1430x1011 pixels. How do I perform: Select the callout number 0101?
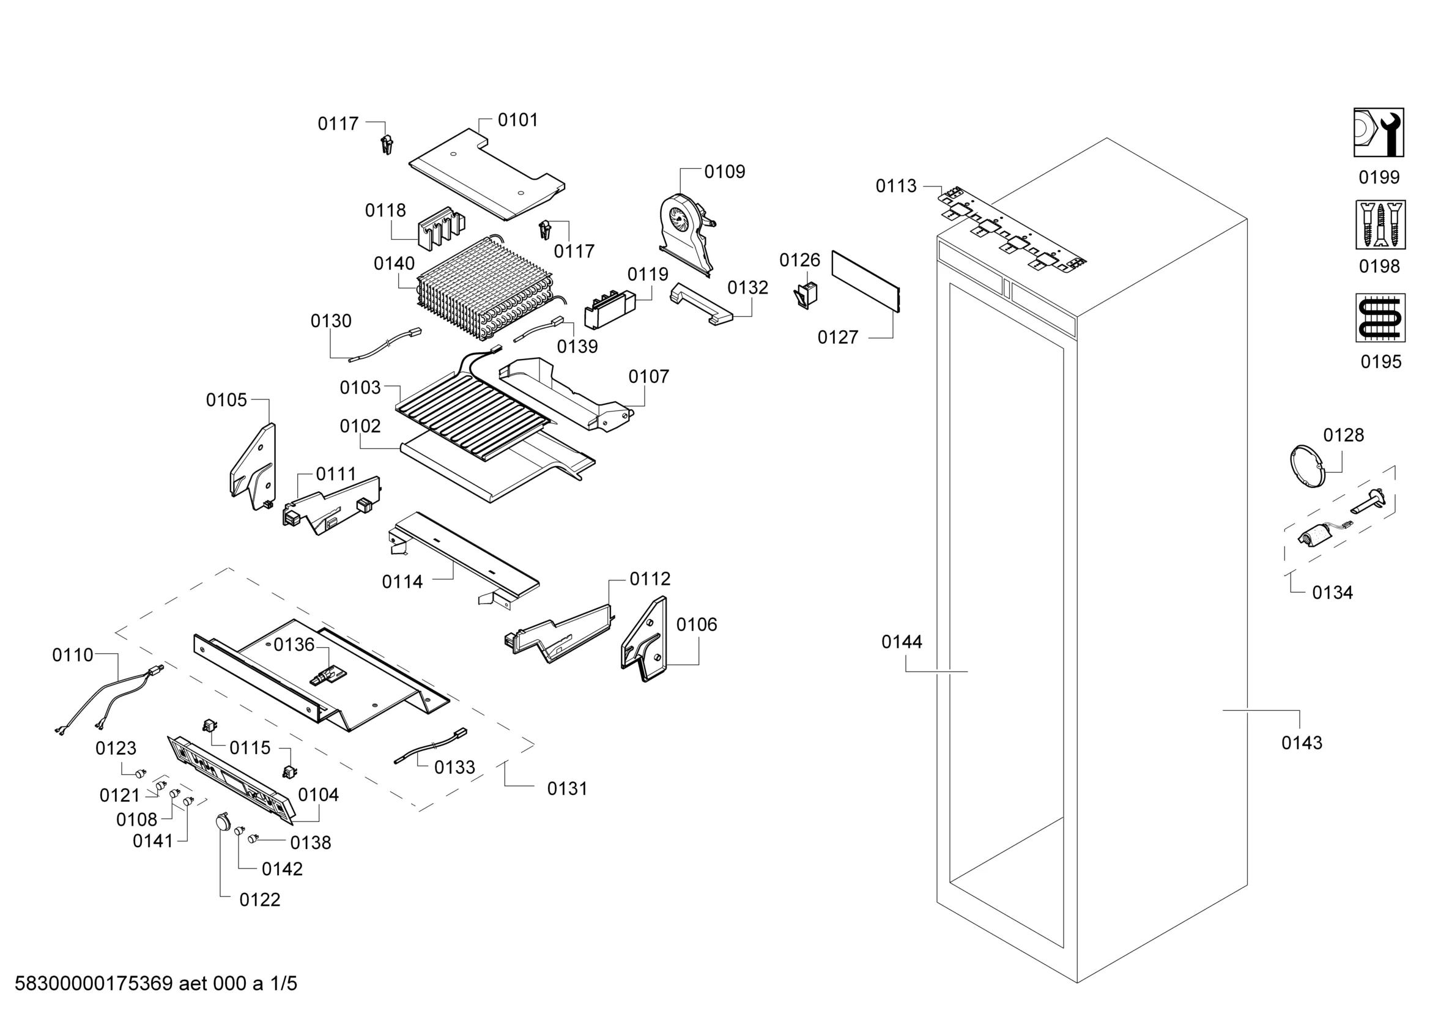coord(517,120)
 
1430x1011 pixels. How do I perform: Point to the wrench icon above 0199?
coord(1378,133)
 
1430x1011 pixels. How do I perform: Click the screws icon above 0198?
coord(1380,224)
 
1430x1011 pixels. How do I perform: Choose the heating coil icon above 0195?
coord(1380,317)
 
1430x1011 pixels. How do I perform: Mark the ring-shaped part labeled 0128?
coord(1306,466)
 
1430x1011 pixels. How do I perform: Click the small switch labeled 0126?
coord(807,295)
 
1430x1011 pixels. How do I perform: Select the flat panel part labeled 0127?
coord(865,280)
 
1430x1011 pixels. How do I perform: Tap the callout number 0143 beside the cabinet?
coord(1301,743)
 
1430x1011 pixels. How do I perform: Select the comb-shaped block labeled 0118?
coord(442,228)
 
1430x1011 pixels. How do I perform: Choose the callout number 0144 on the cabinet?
coord(901,642)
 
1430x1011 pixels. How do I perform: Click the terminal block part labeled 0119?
coord(610,309)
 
